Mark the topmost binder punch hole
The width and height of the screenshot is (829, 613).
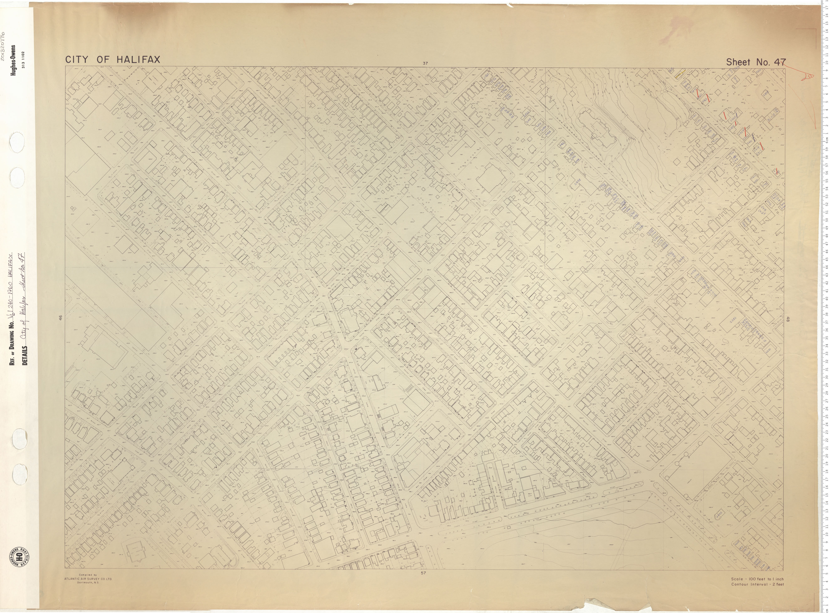17,143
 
